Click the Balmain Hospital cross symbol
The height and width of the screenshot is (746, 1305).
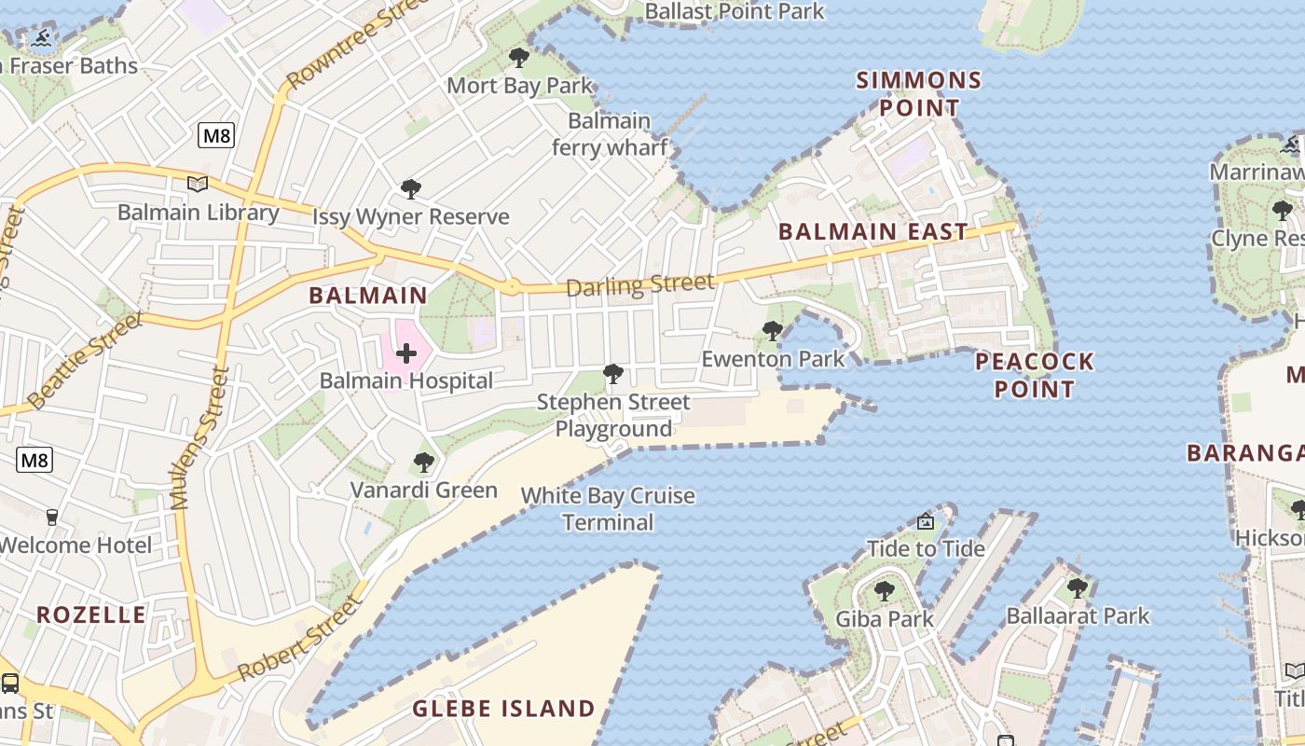[406, 353]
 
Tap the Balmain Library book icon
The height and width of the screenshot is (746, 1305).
[197, 184]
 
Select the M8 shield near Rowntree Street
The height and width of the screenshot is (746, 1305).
[216, 135]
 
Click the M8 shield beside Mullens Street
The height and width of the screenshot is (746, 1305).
[34, 459]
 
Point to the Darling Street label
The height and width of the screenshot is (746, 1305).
[640, 284]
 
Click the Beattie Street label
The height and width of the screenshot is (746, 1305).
[85, 361]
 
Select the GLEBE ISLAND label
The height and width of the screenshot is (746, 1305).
[503, 709]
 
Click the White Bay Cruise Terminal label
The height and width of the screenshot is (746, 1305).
[608, 508]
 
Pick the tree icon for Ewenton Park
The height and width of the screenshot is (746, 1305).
[772, 330]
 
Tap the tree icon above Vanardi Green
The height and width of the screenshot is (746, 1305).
[424, 462]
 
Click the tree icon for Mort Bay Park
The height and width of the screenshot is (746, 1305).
[519, 58]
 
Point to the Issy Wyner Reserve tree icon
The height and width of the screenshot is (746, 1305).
[410, 189]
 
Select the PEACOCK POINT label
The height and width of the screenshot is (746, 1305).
[1035, 375]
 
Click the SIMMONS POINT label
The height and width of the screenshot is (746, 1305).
[919, 93]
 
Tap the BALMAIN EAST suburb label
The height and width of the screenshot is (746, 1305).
[873, 232]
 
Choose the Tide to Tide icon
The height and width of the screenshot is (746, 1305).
[926, 521]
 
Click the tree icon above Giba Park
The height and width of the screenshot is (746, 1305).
[884, 590]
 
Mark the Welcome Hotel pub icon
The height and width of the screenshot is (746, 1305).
[52, 517]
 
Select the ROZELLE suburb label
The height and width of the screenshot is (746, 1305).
[91, 615]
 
